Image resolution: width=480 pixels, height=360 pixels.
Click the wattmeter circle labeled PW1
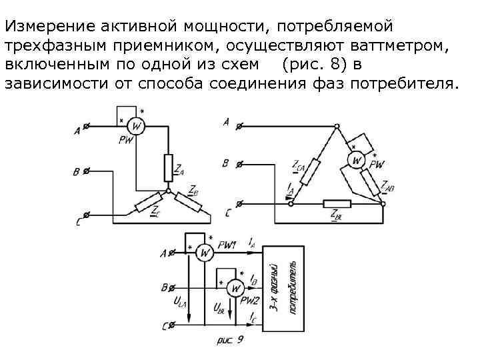coord(206,253)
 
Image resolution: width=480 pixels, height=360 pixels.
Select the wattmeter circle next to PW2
coord(233,287)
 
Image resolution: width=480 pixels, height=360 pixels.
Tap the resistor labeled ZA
coord(168,167)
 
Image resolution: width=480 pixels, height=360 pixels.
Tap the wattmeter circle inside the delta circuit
coord(357,161)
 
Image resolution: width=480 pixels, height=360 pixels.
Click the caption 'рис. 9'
coord(231,341)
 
